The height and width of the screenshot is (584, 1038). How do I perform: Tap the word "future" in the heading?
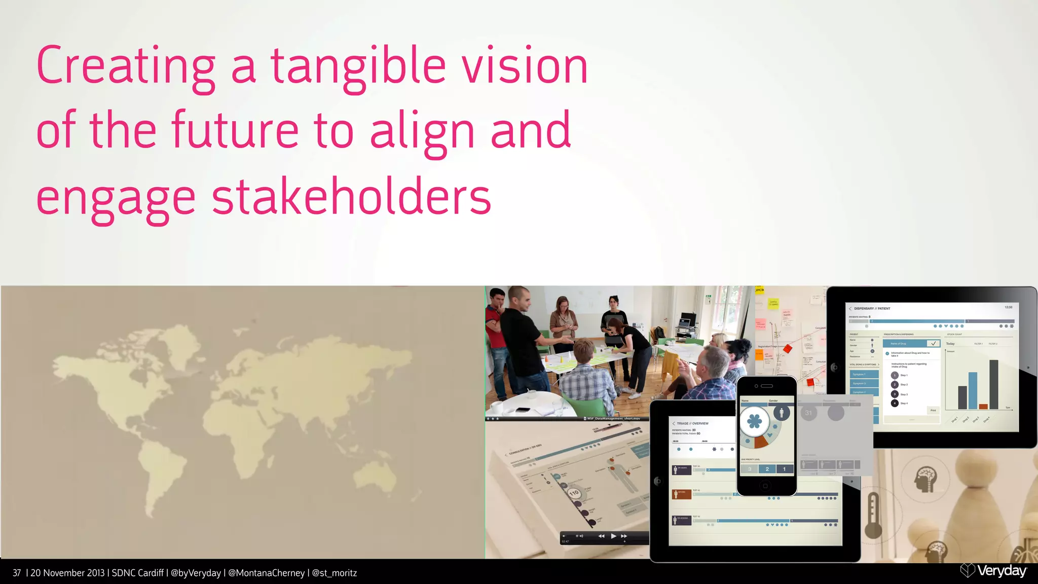click(235, 130)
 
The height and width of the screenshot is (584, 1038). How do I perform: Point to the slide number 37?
click(17, 573)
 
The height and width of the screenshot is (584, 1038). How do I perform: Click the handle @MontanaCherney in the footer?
click(267, 573)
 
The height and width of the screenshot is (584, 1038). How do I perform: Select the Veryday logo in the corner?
click(993, 571)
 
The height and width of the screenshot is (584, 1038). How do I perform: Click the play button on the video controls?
click(613, 536)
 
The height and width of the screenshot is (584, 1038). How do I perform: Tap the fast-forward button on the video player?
click(624, 536)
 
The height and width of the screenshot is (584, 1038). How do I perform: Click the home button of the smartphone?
click(765, 486)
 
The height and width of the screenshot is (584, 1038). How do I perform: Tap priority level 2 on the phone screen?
click(767, 469)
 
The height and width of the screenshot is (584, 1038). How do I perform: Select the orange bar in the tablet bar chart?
click(983, 406)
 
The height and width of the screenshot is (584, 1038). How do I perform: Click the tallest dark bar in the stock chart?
click(994, 384)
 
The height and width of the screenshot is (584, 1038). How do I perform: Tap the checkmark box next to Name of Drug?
click(933, 343)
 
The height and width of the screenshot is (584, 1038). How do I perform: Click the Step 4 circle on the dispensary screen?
click(895, 403)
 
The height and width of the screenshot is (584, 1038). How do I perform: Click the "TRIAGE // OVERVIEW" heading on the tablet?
click(692, 423)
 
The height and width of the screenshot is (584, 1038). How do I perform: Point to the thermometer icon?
click(873, 515)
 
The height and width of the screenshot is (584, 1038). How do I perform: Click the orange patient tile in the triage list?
click(681, 494)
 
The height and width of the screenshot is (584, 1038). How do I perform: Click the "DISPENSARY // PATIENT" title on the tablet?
click(872, 308)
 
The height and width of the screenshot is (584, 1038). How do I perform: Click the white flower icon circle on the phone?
click(754, 421)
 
